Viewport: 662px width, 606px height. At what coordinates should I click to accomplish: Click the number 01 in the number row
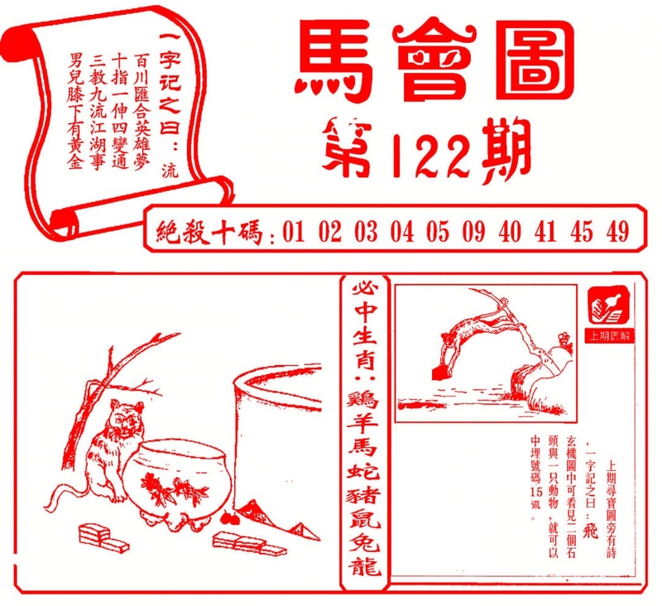point(294,233)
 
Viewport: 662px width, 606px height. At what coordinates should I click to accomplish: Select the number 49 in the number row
point(616,233)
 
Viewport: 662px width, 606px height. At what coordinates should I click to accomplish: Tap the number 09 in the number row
point(473,233)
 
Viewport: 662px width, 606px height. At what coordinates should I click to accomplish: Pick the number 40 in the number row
point(510,233)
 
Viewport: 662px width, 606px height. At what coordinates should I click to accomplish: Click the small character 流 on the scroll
point(170,171)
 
